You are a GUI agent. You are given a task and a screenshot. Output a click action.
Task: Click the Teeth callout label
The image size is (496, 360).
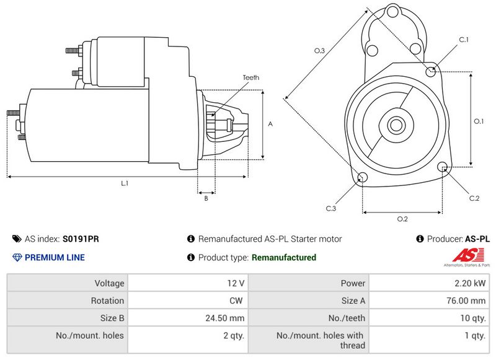click(x=251, y=77)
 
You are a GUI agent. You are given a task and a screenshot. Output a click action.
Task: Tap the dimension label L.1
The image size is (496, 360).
click(x=125, y=183)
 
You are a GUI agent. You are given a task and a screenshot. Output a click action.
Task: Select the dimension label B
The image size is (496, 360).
click(x=206, y=198)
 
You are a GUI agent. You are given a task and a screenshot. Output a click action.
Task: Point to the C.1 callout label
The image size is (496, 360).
click(x=464, y=40)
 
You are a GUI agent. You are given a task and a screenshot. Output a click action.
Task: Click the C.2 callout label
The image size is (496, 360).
click(x=474, y=198)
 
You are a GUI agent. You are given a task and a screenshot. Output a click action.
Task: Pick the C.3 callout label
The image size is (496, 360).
click(x=331, y=208)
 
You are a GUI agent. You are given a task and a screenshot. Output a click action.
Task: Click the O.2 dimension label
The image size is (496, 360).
click(x=402, y=219)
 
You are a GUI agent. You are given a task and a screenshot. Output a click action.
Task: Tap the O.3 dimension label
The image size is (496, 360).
click(x=319, y=51)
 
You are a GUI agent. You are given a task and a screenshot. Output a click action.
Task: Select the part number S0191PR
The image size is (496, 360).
click(x=81, y=239)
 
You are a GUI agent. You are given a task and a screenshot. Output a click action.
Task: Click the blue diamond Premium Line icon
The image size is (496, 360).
click(x=17, y=257)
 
